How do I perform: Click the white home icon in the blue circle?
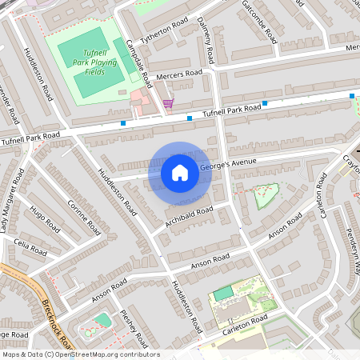click(180, 172)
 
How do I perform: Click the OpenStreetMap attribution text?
click(80, 354)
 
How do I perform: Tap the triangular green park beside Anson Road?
click(266, 194)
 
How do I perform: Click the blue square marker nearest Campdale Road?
click(123, 123)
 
